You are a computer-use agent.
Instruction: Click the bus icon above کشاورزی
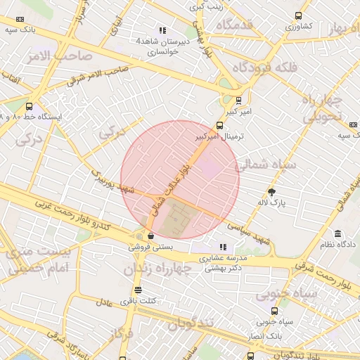[299, 15]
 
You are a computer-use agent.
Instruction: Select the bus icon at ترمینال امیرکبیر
[220, 127]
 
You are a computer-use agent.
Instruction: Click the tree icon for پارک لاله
[272, 192]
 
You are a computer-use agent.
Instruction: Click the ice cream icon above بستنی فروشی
[150, 236]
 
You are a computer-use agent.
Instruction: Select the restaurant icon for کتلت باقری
[138, 290]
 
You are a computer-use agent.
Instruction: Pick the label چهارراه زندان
[157, 269]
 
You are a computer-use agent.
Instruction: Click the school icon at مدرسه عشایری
[223, 247]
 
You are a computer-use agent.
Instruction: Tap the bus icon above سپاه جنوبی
[274, 311]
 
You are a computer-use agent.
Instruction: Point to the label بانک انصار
[265, 337]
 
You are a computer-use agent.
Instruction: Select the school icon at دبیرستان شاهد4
[162, 30]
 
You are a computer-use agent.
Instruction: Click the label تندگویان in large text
[190, 324]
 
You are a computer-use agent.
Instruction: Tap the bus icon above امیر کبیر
[238, 100]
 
